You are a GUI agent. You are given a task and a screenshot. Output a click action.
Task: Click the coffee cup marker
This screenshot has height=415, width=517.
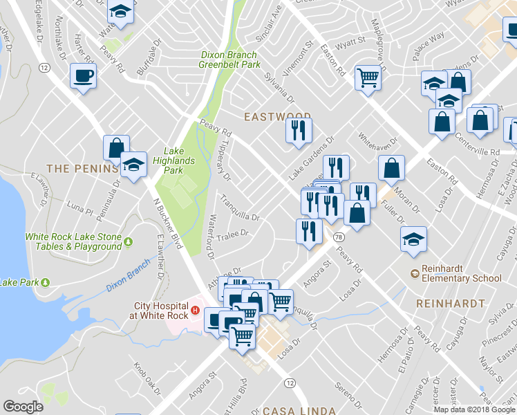coord(83,75)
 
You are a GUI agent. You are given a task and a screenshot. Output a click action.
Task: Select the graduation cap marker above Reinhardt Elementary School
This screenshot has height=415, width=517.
coord(413,239)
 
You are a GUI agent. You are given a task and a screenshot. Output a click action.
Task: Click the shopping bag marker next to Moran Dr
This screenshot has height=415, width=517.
coord(392,168)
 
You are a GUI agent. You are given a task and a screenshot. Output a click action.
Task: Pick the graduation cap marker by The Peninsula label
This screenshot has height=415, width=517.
coord(133,165)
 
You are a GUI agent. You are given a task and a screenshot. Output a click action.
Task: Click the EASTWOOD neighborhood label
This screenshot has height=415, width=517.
coord(275,117)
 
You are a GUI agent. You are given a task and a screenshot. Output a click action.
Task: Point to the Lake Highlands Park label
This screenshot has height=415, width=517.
coord(179,160)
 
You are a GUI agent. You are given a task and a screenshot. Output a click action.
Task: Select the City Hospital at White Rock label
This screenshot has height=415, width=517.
coord(160,311)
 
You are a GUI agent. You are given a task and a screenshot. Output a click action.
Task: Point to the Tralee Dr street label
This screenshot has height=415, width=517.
coord(232,234)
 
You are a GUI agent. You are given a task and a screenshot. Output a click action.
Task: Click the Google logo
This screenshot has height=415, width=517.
coord(23,407)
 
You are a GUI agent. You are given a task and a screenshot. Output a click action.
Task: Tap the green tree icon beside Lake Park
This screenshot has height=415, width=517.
coord(45,282)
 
